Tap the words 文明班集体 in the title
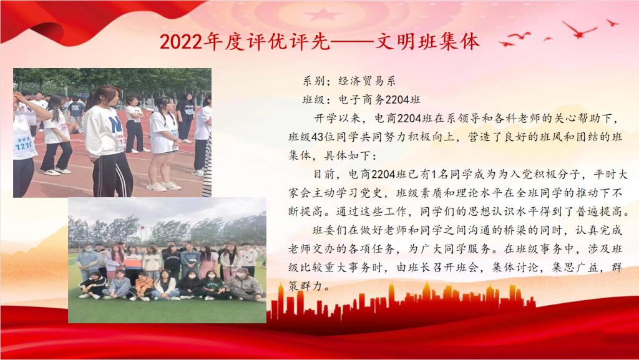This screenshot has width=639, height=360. (x=427, y=41)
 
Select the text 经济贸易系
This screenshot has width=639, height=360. (x=367, y=81)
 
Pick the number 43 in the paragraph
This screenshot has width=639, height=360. (x=318, y=137)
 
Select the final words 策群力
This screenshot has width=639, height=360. (x=306, y=286)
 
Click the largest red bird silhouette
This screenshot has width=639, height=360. (x=578, y=30)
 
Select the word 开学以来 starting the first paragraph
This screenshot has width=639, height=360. (x=337, y=119)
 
